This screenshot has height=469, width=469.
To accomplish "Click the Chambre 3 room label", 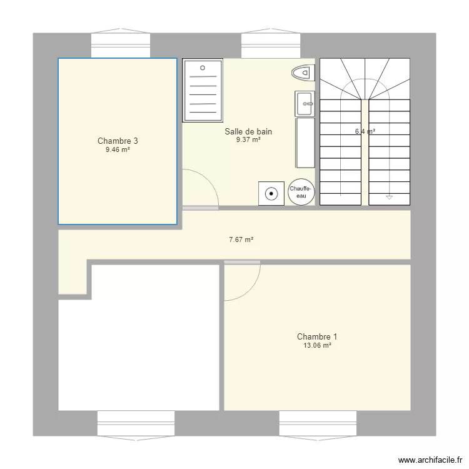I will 118,141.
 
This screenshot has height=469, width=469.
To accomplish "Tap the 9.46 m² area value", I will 118,150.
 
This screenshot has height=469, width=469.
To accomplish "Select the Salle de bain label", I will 248,131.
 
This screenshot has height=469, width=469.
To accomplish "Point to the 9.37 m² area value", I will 248,140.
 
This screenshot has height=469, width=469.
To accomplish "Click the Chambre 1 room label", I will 318,336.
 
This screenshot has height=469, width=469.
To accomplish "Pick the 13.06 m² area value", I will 318,345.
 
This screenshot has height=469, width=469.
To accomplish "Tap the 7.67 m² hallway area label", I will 241,240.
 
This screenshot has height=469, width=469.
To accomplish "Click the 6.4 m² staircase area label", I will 365,131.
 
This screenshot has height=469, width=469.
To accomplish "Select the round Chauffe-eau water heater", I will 301,193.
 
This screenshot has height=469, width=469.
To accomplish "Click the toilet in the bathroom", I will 302,73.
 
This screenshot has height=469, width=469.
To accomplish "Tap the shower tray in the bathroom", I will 203,91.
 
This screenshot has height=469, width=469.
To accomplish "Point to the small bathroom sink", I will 305,103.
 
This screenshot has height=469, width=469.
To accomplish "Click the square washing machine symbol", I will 271,193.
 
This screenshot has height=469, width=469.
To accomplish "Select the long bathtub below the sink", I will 305,143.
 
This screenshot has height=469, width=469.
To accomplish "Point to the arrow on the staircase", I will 389,196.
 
